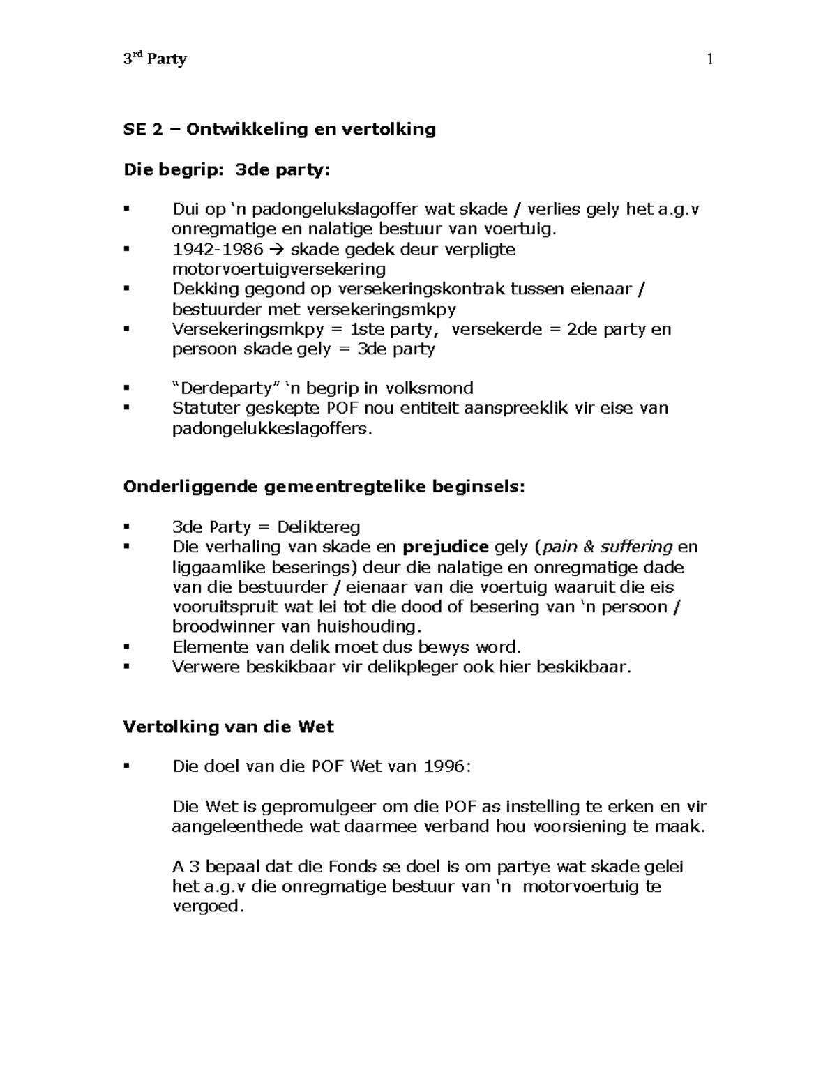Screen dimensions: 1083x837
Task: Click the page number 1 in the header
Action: (x=709, y=59)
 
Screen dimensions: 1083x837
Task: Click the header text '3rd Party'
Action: (x=155, y=59)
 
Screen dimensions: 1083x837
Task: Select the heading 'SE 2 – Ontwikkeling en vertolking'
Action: (x=279, y=129)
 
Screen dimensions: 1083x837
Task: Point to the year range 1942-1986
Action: (x=218, y=249)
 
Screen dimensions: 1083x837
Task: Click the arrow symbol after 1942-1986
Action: (x=277, y=250)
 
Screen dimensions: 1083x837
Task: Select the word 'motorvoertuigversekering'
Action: (x=278, y=269)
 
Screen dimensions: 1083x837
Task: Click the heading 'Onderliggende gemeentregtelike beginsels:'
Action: (x=324, y=487)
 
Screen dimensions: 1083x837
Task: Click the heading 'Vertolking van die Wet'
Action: (x=228, y=727)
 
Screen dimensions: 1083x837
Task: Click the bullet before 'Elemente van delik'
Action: (x=126, y=646)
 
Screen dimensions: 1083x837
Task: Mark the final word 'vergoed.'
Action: (x=209, y=907)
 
